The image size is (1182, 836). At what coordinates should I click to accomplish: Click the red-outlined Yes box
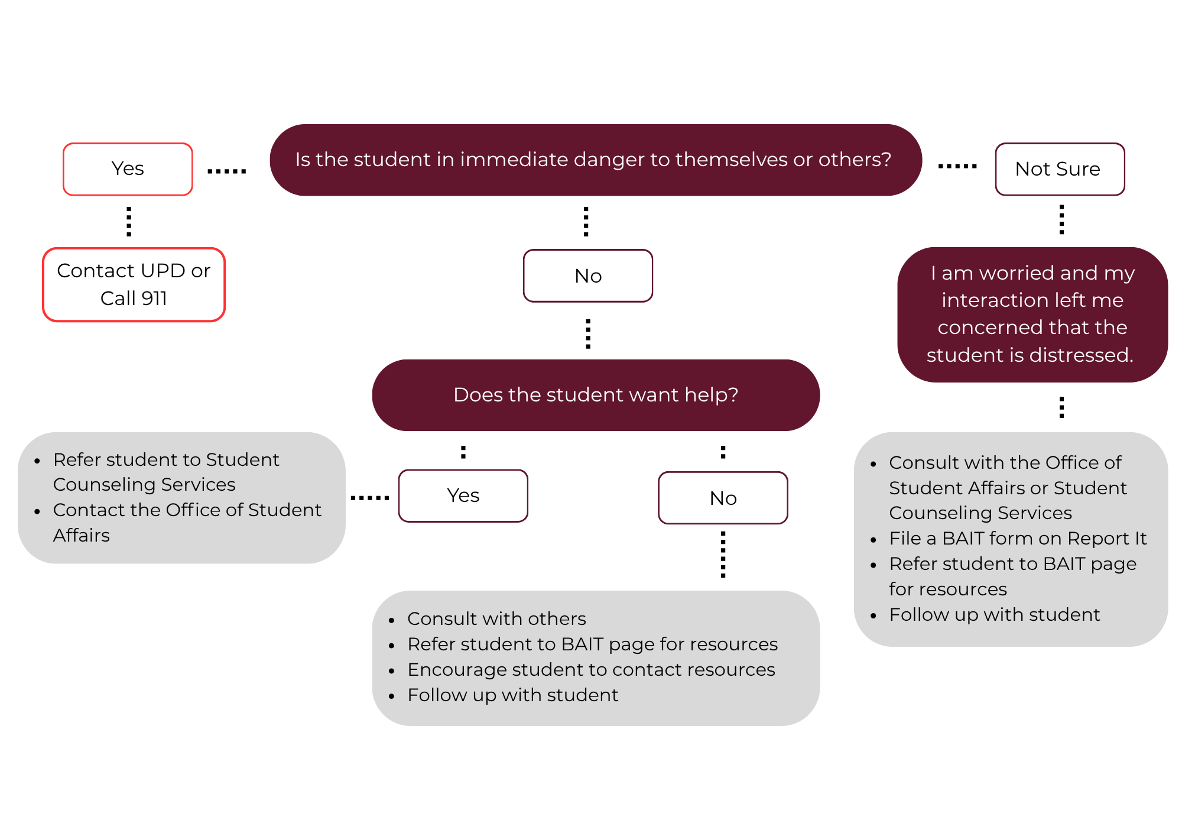pos(128,169)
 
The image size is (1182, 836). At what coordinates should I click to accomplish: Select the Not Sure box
pos(1060,169)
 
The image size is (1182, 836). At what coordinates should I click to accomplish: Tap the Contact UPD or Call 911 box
pos(134,284)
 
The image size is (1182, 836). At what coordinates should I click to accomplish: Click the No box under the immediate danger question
pos(588,276)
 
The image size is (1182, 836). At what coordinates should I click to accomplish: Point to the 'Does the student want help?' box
pos(596,394)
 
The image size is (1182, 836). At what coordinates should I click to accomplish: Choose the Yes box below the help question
pos(463,495)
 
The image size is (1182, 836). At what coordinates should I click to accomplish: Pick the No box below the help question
pos(723,498)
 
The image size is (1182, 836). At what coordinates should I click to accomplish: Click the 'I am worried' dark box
pos(1032,314)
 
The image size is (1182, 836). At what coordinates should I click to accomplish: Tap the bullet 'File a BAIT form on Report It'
pos(1017,538)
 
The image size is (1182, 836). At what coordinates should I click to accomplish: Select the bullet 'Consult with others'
pos(496,618)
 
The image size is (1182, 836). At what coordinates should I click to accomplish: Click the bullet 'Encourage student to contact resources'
pos(590,669)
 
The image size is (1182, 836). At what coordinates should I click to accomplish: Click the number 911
pos(154,299)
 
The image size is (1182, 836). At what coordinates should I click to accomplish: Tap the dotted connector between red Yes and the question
pos(227,171)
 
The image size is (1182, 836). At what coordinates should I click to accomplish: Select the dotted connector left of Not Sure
pos(957,167)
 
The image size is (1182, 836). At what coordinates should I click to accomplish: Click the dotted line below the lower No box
pos(723,554)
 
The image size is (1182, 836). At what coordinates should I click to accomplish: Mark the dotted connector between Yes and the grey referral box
pos(370,498)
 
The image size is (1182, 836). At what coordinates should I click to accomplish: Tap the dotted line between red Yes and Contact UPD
pos(129,221)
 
